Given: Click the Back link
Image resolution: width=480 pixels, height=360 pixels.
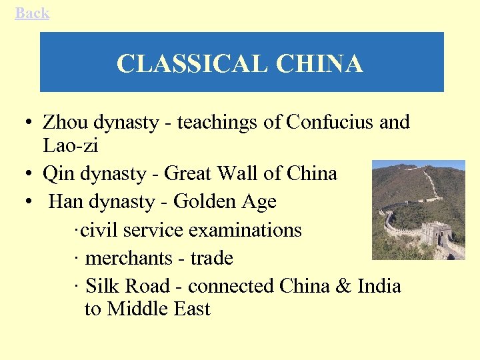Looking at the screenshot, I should click(x=32, y=13).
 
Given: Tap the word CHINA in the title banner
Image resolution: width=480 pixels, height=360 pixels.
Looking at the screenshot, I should click(x=319, y=63).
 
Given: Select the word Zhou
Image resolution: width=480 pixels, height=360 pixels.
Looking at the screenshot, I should click(x=66, y=122).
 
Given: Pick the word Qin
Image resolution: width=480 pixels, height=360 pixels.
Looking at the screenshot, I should click(x=57, y=173).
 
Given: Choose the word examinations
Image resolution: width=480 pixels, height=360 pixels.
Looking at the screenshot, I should click(x=245, y=230).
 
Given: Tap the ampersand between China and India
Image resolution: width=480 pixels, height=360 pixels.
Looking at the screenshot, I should click(x=344, y=286).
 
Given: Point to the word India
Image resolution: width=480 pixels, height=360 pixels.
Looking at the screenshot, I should click(x=379, y=286).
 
